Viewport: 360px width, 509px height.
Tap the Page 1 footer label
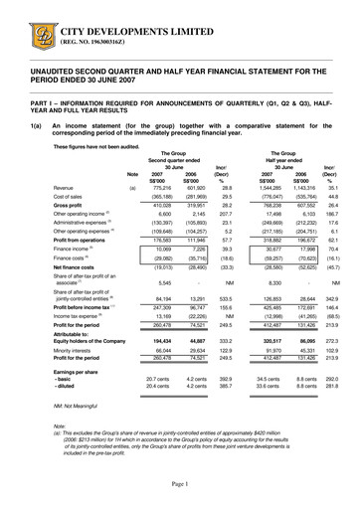180,482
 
